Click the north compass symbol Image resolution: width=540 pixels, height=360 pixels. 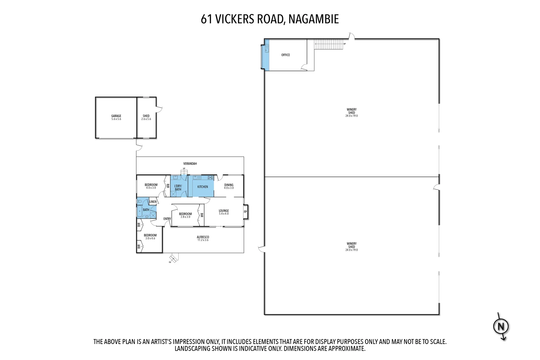(x=501, y=326)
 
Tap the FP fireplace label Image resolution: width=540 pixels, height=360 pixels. (x=245, y=212)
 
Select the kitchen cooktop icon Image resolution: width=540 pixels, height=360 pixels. (x=210, y=177)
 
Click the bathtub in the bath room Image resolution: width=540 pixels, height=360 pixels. (x=139, y=211)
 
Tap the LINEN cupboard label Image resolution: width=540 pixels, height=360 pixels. (x=153, y=202)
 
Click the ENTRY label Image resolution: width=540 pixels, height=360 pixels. (x=167, y=219)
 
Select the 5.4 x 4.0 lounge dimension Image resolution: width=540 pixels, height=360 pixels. (x=224, y=214)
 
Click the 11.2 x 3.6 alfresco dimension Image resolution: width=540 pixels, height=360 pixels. (x=203, y=240)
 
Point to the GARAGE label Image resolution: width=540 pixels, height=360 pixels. (x=116, y=116)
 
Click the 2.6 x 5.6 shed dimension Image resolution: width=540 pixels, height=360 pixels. (x=146, y=119)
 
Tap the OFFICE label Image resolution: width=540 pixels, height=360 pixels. (x=285, y=55)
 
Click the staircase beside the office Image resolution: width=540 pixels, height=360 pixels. (x=329, y=44)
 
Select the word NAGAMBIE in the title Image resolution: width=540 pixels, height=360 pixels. (x=313, y=19)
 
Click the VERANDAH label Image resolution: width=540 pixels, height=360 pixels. (x=190, y=164)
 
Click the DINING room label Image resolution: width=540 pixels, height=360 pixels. (x=229, y=185)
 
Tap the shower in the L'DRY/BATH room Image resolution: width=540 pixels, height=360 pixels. (x=173, y=194)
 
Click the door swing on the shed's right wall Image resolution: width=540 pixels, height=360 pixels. (x=159, y=109)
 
